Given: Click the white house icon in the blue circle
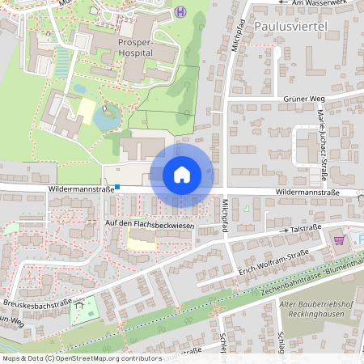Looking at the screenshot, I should [x=182, y=175].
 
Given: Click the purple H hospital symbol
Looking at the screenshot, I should [x=180, y=11].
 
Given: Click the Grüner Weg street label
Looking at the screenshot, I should [x=304, y=99].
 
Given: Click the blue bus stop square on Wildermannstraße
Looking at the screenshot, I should [x=117, y=188].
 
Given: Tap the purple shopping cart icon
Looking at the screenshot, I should [x=338, y=239].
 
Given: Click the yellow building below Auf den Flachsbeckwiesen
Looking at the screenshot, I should [x=142, y=239].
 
